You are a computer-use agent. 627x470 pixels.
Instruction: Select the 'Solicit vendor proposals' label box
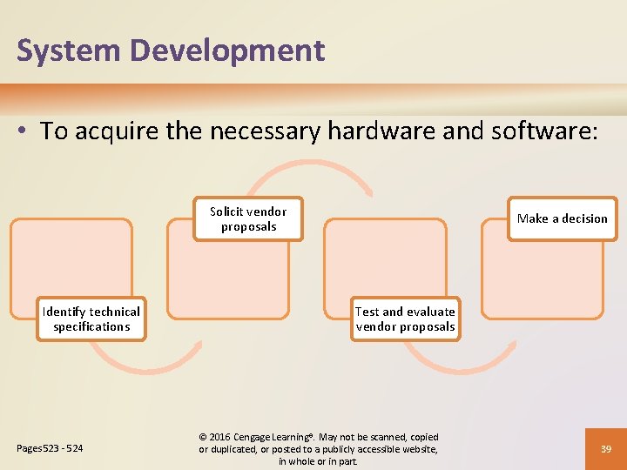tap(248, 219)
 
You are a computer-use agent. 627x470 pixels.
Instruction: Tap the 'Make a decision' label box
tap(562, 218)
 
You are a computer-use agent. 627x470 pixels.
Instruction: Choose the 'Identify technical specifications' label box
tap(91, 319)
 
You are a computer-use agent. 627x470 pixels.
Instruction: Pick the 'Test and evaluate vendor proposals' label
tap(405, 319)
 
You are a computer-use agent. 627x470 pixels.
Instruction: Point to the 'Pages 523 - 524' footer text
tap(50, 449)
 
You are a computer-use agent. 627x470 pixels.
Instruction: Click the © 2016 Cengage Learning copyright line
tap(319, 437)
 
